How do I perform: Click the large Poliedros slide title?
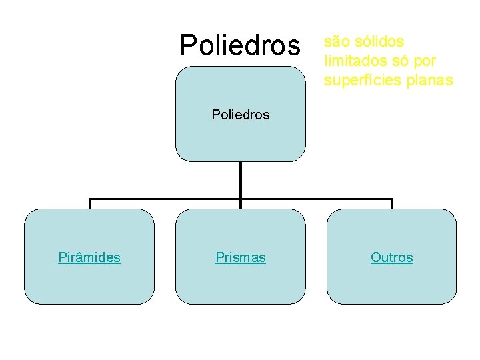coord(241,45)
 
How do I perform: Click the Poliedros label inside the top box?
coord(241,115)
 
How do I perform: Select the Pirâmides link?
coord(89,257)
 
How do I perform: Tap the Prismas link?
coord(241,257)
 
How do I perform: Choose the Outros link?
coord(392,257)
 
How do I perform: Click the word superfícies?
coord(363,81)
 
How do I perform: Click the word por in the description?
coord(424,61)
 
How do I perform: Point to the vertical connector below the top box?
coord(241,180)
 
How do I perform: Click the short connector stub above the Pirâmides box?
coord(90,204)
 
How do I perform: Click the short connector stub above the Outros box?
coord(392,204)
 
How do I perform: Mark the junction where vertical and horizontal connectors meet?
coord(241,199)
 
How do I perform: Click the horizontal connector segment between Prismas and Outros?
coord(317,199)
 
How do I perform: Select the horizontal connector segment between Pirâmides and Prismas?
coord(165,199)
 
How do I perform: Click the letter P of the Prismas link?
coord(219,257)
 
